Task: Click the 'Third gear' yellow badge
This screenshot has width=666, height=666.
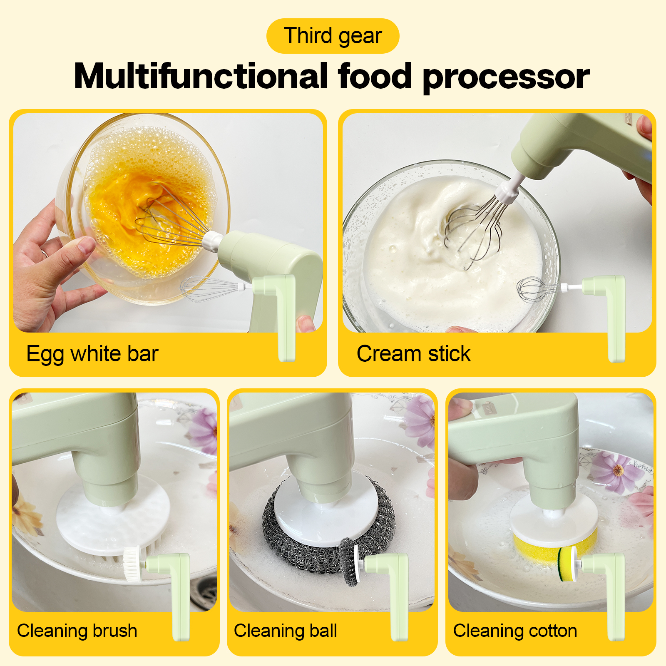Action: tap(333, 36)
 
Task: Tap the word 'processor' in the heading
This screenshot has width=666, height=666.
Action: tap(506, 77)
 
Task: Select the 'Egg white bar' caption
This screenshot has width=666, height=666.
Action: tap(92, 354)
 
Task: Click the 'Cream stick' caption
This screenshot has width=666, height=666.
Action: tap(413, 354)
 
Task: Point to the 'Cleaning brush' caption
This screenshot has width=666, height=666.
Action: tap(77, 631)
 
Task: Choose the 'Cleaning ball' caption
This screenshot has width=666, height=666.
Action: tap(285, 631)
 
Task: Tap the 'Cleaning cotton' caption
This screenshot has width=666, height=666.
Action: tap(515, 631)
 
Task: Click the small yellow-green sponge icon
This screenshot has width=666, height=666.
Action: tap(567, 564)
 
